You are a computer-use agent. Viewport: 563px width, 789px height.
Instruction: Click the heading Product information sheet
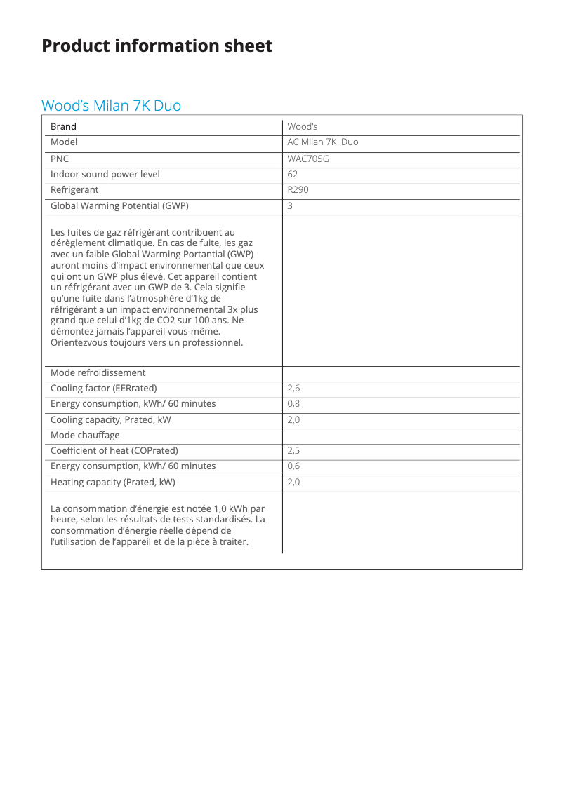click(x=157, y=46)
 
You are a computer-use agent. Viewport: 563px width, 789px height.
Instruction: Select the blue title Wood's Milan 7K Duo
click(x=111, y=106)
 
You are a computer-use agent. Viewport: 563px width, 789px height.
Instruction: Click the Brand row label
click(x=63, y=127)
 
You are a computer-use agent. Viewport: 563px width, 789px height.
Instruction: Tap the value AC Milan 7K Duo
click(x=322, y=142)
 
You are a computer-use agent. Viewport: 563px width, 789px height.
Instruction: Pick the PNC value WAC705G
click(x=308, y=159)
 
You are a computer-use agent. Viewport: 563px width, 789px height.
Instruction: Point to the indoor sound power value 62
click(x=293, y=174)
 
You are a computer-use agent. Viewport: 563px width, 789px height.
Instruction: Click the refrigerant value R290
click(x=298, y=190)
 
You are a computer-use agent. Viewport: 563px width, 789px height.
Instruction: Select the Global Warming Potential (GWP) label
click(x=119, y=206)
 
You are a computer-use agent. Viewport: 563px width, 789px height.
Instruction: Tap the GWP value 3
click(x=290, y=206)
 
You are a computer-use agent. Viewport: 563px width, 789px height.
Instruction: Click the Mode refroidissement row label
click(x=98, y=373)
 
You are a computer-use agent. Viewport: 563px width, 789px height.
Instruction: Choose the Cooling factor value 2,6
click(x=293, y=389)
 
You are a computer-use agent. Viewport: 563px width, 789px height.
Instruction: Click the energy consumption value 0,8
click(x=293, y=404)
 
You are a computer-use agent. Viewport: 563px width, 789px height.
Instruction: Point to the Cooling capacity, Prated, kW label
click(x=110, y=420)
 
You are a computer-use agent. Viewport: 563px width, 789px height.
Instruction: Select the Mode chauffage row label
click(x=85, y=436)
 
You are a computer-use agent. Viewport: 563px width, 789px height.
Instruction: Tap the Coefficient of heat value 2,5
click(x=293, y=451)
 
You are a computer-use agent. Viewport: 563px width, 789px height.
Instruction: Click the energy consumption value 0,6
click(x=293, y=466)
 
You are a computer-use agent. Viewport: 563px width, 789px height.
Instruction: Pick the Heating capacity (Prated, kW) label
click(x=112, y=483)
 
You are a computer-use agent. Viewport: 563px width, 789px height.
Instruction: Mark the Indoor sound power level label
click(x=105, y=174)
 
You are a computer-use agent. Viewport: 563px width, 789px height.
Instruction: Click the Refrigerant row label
click(x=74, y=190)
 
